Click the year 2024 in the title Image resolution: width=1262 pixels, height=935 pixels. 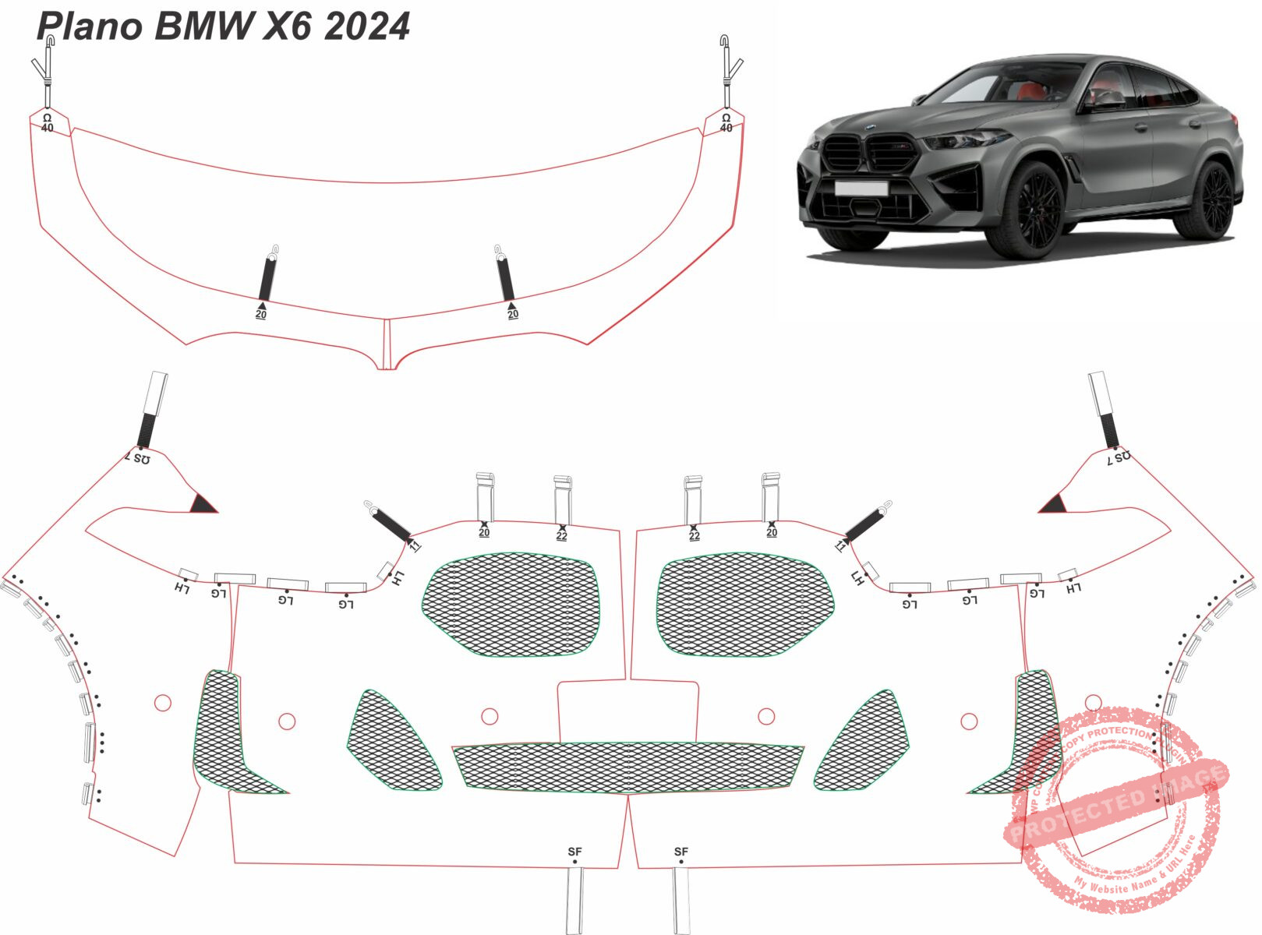pyautogui.click(x=366, y=26)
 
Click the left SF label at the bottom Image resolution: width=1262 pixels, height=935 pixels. pyautogui.click(x=574, y=852)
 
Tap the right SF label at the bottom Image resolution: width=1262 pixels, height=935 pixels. pyautogui.click(x=681, y=852)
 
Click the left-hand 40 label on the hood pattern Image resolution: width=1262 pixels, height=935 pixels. pyautogui.click(x=48, y=127)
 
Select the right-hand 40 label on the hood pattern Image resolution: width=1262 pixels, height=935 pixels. pyautogui.click(x=726, y=127)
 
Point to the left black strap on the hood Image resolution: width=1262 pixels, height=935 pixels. pyautogui.click(x=267, y=277)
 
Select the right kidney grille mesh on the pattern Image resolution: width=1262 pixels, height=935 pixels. pyautogui.click(x=744, y=605)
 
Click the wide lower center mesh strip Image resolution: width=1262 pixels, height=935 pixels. pyautogui.click(x=628, y=767)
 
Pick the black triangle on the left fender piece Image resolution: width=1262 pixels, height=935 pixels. pyautogui.click(x=204, y=504)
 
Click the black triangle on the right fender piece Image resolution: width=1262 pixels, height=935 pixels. pyautogui.click(x=1052, y=504)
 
